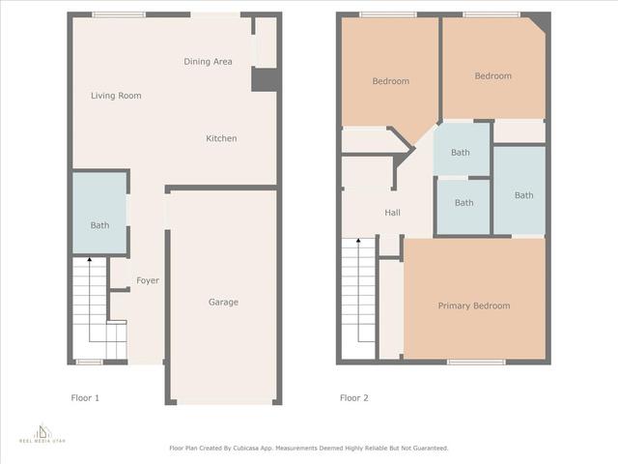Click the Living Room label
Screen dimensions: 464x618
[116, 96]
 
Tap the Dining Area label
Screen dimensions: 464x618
[208, 62]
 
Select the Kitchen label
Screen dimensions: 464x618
[221, 138]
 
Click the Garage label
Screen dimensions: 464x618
[223, 303]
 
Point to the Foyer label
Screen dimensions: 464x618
[148, 280]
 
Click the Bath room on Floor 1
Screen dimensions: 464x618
[99, 225]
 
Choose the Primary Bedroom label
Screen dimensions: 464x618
[473, 306]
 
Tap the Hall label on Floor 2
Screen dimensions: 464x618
[392, 213]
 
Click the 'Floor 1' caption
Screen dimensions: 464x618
[85, 397]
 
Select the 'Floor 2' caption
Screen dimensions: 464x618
[353, 397]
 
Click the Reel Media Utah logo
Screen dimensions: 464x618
[42, 432]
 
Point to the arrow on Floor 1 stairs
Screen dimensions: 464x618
[89, 259]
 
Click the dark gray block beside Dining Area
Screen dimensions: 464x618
[264, 79]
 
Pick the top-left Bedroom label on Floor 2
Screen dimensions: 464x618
[390, 81]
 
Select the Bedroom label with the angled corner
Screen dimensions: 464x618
[492, 76]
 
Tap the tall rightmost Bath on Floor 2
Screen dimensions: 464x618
[523, 195]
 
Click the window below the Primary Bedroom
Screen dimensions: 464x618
[476, 362]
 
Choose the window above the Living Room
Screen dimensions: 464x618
[119, 14]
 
